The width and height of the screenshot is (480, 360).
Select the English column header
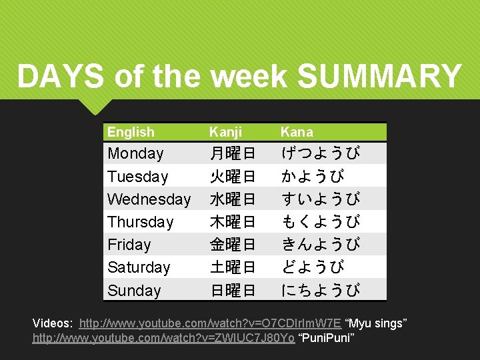click(131, 132)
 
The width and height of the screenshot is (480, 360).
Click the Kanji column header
click(226, 132)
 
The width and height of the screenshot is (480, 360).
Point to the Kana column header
click(297, 132)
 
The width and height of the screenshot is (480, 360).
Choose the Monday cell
click(135, 153)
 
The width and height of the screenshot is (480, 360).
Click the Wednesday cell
click(149, 199)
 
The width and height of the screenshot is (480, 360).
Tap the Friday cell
click(129, 245)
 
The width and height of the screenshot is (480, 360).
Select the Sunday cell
click(134, 291)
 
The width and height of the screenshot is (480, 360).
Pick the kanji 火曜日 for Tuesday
click(233, 177)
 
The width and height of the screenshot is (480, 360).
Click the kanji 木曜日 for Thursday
click(233, 222)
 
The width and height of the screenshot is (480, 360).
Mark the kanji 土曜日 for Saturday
click(233, 267)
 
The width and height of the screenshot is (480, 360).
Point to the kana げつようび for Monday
click(321, 154)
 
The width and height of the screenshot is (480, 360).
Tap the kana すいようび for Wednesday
click(321, 199)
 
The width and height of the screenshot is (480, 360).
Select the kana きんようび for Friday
click(321, 245)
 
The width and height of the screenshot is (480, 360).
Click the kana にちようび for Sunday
click(321, 291)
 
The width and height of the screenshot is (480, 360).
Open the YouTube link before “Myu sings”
click(210, 323)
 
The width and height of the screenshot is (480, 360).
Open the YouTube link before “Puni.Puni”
click(164, 339)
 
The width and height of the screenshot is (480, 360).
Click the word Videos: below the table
click(53, 323)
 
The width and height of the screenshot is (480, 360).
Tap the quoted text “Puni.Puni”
click(327, 339)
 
